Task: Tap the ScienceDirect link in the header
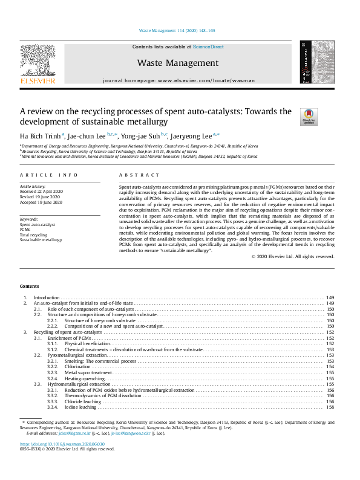pyautogui.click(x=208, y=47)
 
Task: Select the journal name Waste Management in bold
pyautogui.click(x=177, y=63)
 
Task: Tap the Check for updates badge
pyautogui.click(x=309, y=115)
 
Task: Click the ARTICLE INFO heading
pyautogui.click(x=49, y=174)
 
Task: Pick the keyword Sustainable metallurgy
pyautogui.click(x=41, y=239)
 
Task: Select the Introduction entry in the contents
pyautogui.click(x=47, y=298)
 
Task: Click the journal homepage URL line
pyautogui.click(x=178, y=80)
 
